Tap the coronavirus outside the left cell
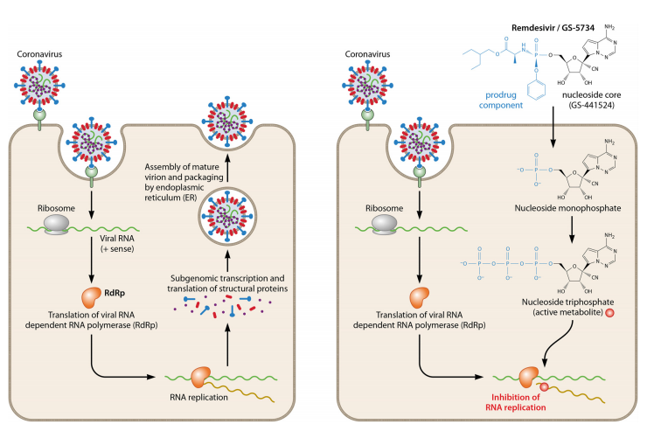tap(38, 95)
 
